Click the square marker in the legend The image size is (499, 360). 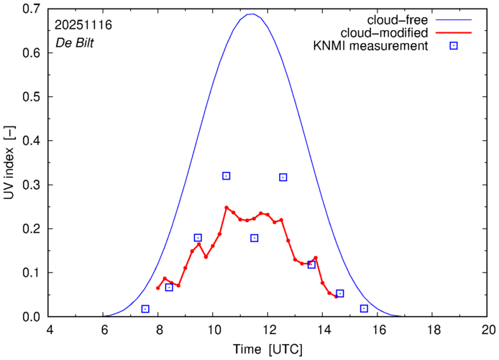pos(453,47)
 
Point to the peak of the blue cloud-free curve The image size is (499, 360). pos(252,14)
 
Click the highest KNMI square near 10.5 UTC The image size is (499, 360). pos(226,176)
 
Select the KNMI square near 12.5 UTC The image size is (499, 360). pos(283,177)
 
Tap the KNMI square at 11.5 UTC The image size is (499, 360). pos(255,238)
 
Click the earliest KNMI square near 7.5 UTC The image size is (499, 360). pos(145,309)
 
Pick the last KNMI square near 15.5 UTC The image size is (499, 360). pos(364,308)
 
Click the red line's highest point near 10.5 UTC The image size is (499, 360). pos(226,208)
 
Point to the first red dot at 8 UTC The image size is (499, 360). pos(158,288)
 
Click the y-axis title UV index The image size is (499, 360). pos(9,163)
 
